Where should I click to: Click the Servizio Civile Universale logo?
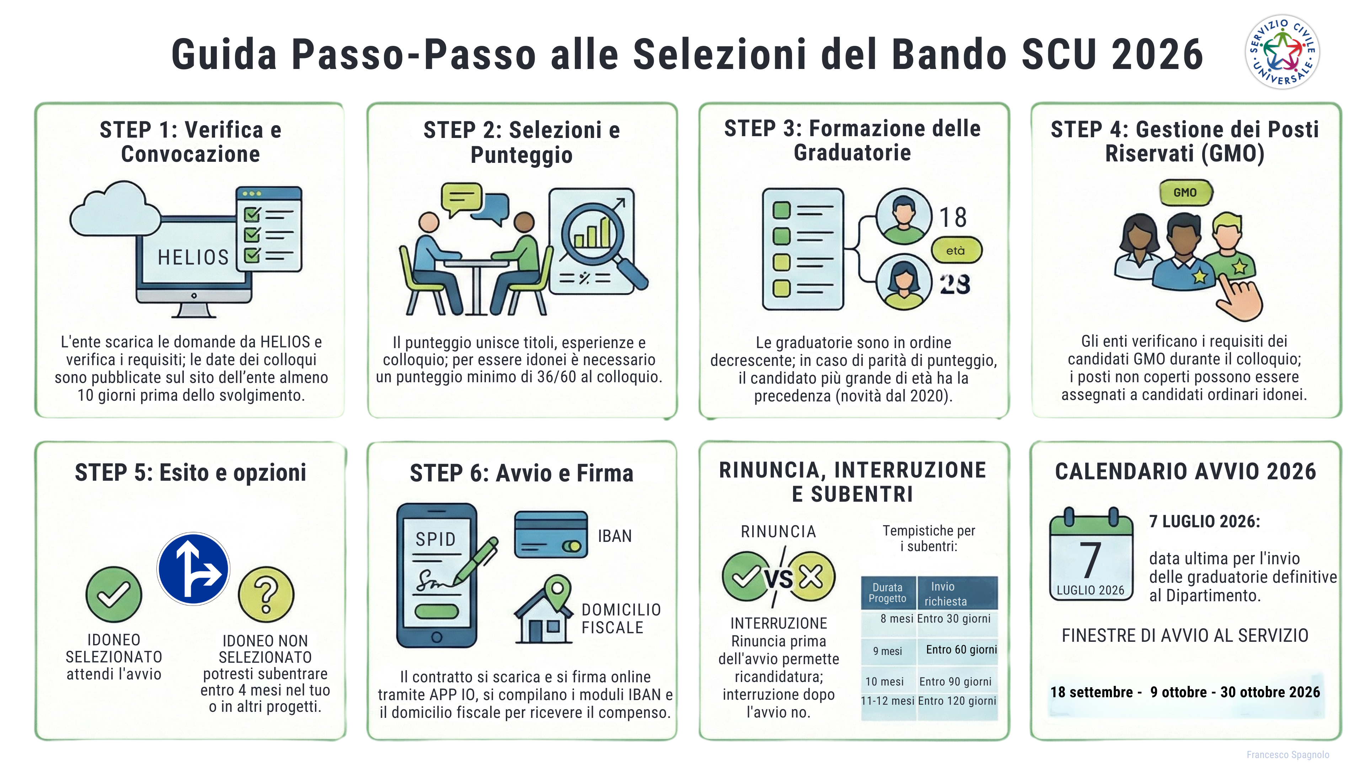(1282, 52)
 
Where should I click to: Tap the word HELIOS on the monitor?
(193, 257)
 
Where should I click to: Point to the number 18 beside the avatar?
(953, 217)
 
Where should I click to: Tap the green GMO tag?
(1185, 192)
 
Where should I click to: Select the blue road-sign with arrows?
(193, 569)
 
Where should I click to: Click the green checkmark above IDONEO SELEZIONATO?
(113, 594)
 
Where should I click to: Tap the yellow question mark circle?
(266, 594)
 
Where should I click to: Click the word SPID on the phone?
(435, 539)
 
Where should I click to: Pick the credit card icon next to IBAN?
(551, 534)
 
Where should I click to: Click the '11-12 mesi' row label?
(888, 701)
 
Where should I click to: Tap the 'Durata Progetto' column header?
(888, 593)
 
